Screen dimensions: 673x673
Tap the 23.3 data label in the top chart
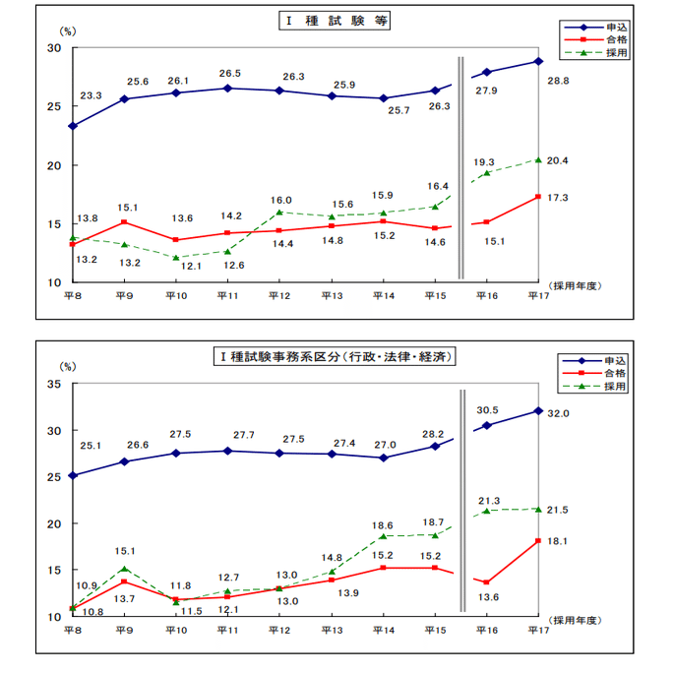pos(92,95)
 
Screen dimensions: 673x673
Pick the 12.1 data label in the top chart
pos(192,266)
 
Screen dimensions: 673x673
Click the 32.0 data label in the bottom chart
pos(560,414)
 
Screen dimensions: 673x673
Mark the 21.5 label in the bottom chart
pos(558,509)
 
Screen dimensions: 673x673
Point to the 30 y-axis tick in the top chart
pos(53,49)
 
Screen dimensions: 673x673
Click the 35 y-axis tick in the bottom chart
pos(53,384)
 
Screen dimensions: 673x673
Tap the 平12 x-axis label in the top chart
pos(278,295)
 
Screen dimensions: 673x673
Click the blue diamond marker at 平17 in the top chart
pos(538,61)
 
